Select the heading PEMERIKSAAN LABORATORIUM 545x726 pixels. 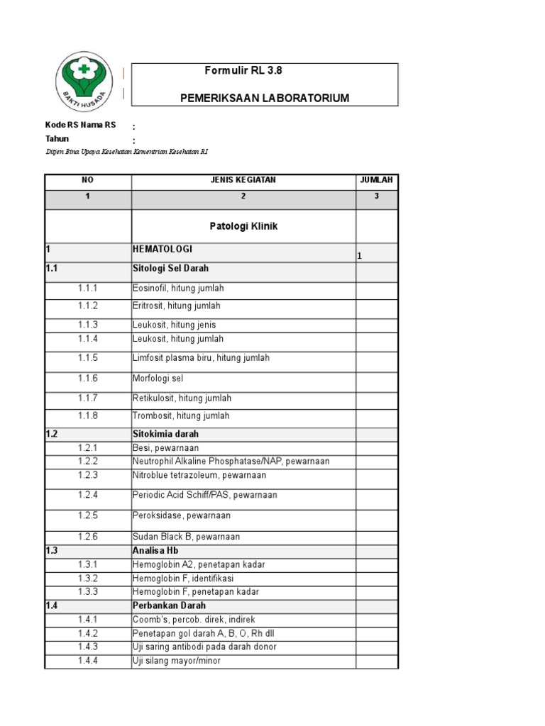265,98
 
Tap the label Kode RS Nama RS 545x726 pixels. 80,125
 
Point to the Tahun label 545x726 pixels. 57,139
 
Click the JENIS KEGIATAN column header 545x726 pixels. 243,180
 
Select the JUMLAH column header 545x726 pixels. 377,180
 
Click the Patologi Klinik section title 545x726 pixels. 243,226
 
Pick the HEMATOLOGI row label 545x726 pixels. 163,250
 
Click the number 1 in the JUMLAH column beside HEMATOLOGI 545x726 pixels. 360,256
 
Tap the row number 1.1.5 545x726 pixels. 88,358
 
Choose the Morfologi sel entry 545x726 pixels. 158,379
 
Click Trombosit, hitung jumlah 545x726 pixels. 181,415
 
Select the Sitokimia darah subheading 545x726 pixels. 165,433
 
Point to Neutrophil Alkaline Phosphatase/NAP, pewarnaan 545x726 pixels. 231,462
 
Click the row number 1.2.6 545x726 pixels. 88,537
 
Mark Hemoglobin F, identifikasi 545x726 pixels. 183,579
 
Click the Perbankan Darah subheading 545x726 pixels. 169,605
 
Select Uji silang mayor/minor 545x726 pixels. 177,661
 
